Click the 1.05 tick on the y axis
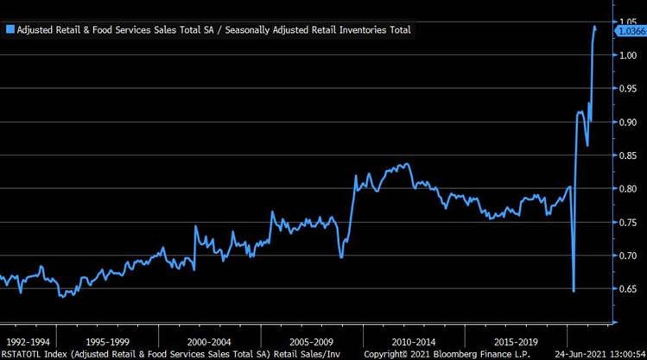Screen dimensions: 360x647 [x=628, y=21]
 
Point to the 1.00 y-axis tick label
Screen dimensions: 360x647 [x=628, y=55]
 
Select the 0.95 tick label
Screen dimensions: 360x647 [x=628, y=88]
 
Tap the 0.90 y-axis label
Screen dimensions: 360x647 [x=628, y=122]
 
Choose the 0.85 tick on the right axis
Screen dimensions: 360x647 [x=628, y=155]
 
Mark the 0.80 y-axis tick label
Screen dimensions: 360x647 [x=628, y=189]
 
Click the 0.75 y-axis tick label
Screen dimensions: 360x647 [x=628, y=222]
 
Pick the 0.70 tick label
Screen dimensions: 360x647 [x=628, y=256]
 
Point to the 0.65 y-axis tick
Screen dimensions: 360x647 [x=628, y=289]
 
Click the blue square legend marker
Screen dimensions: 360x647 [x=10, y=30]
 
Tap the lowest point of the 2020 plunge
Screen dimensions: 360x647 [x=574, y=291]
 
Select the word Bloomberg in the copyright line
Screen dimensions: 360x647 [x=448, y=354]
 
